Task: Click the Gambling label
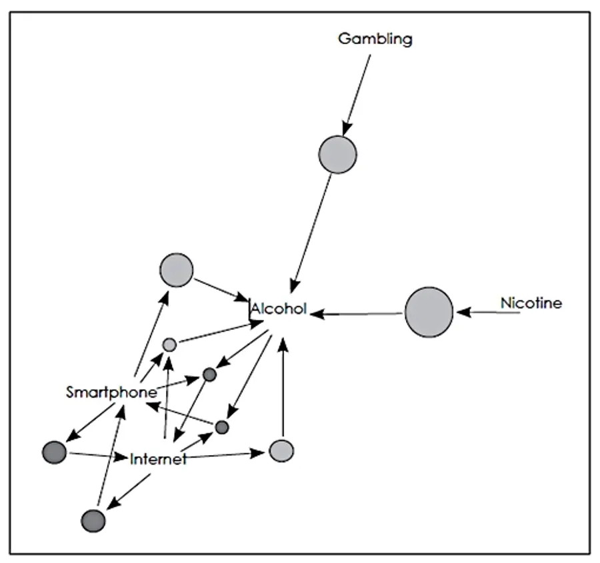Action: pos(375,39)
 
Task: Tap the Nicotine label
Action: pos(531,303)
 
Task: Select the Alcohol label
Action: pos(279,308)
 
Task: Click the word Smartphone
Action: pos(111,392)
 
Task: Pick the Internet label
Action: pos(158,458)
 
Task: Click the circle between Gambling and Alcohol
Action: pos(337,155)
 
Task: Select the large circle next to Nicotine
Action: pos(429,312)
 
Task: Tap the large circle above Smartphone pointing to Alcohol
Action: pos(177,270)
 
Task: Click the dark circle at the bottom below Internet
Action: pos(93,520)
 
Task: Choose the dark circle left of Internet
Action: pos(55,452)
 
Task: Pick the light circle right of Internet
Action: pos(281,451)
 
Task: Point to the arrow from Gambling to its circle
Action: pos(357,95)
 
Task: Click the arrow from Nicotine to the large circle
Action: pos(488,312)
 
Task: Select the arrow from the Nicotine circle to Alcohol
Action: pos(356,314)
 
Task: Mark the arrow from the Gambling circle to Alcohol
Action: pos(311,233)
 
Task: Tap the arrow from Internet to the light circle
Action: pos(226,455)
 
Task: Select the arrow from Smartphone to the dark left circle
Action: pos(91,422)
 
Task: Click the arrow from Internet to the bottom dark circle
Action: pos(128,492)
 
